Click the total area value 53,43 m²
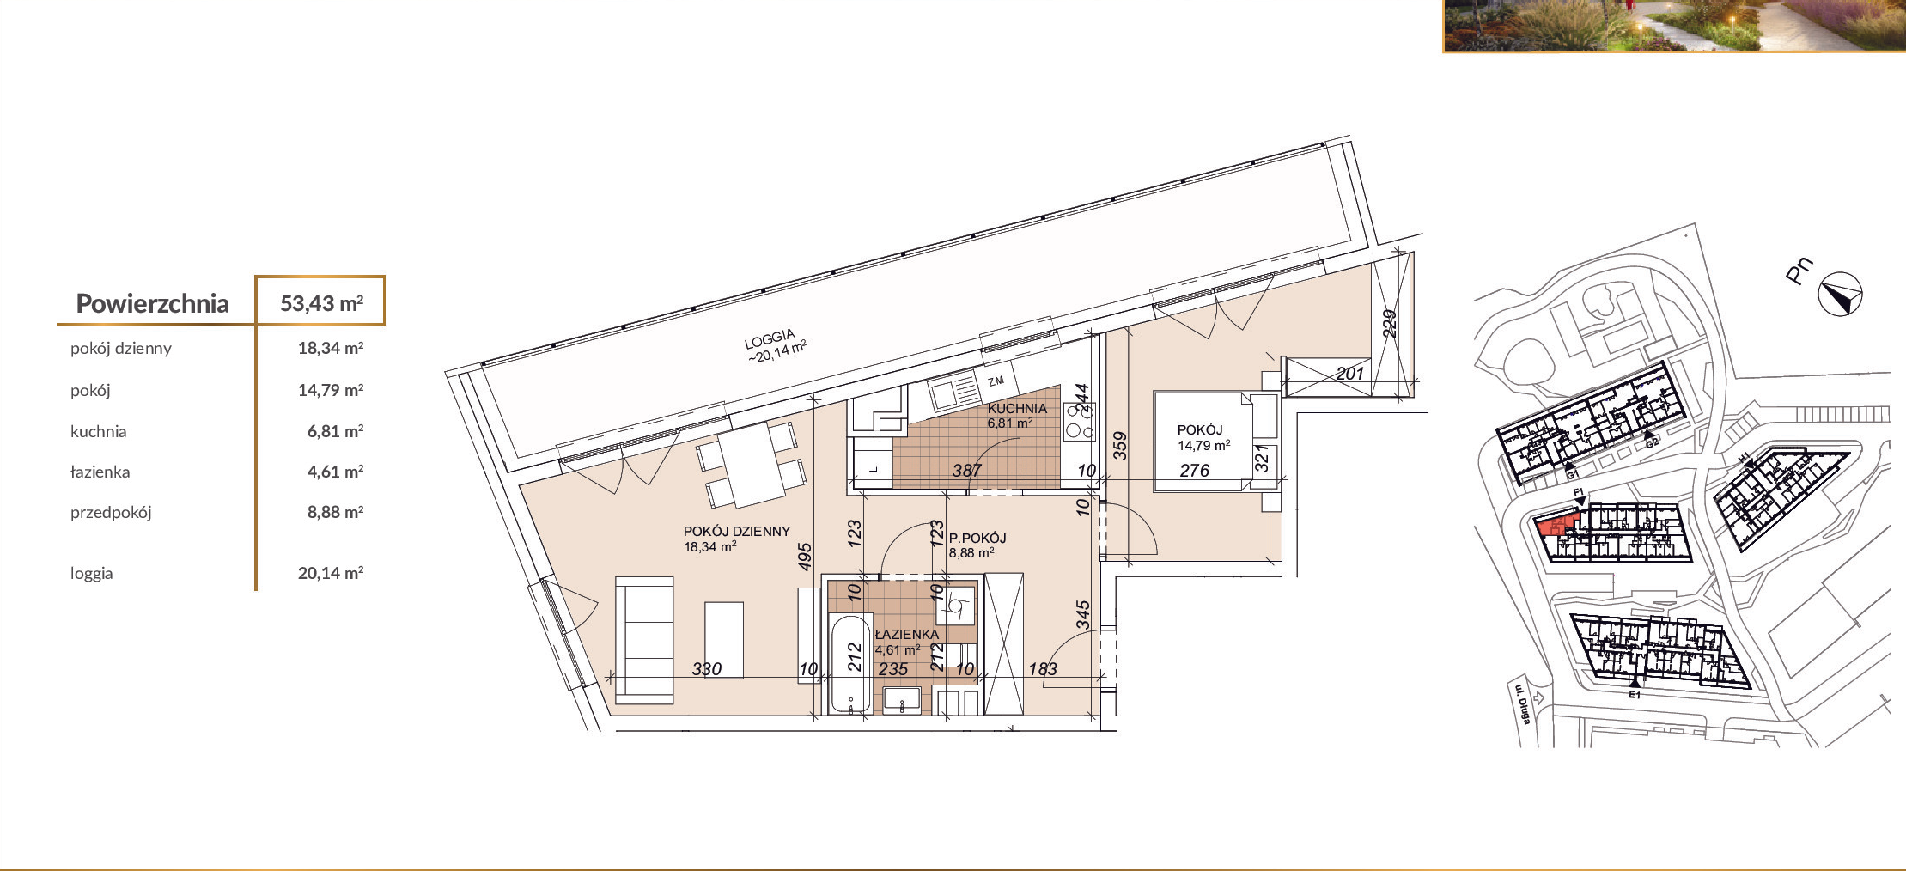(x=321, y=303)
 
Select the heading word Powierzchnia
(x=152, y=303)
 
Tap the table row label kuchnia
(x=98, y=431)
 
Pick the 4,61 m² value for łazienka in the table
(x=335, y=472)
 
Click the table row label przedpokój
(x=111, y=513)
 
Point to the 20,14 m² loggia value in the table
(x=331, y=573)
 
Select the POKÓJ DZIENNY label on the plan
(x=736, y=532)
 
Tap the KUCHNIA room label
(x=1017, y=409)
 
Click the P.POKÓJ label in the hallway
(x=977, y=539)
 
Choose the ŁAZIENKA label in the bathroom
(x=906, y=635)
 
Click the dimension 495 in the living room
(x=804, y=557)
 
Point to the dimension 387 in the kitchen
(x=966, y=471)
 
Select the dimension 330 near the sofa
(x=706, y=669)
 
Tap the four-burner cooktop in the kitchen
(x=1080, y=422)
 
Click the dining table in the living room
(x=752, y=466)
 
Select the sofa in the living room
(x=644, y=641)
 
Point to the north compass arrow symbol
(x=1841, y=295)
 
